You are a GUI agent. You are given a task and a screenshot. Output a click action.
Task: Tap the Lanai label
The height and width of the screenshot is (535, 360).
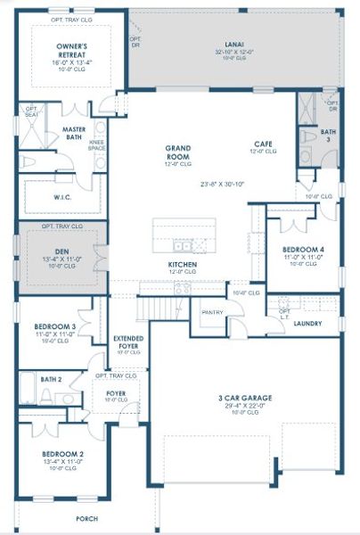tap(235, 44)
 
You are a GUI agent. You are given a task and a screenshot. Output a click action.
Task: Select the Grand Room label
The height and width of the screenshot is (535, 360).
tap(179, 148)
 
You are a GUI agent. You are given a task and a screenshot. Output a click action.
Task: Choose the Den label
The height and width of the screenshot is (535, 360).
tap(61, 251)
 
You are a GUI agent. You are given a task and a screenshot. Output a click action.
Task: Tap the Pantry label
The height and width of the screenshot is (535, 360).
tap(212, 312)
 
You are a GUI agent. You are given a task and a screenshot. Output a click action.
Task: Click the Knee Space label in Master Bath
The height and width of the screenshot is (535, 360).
tap(97, 144)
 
